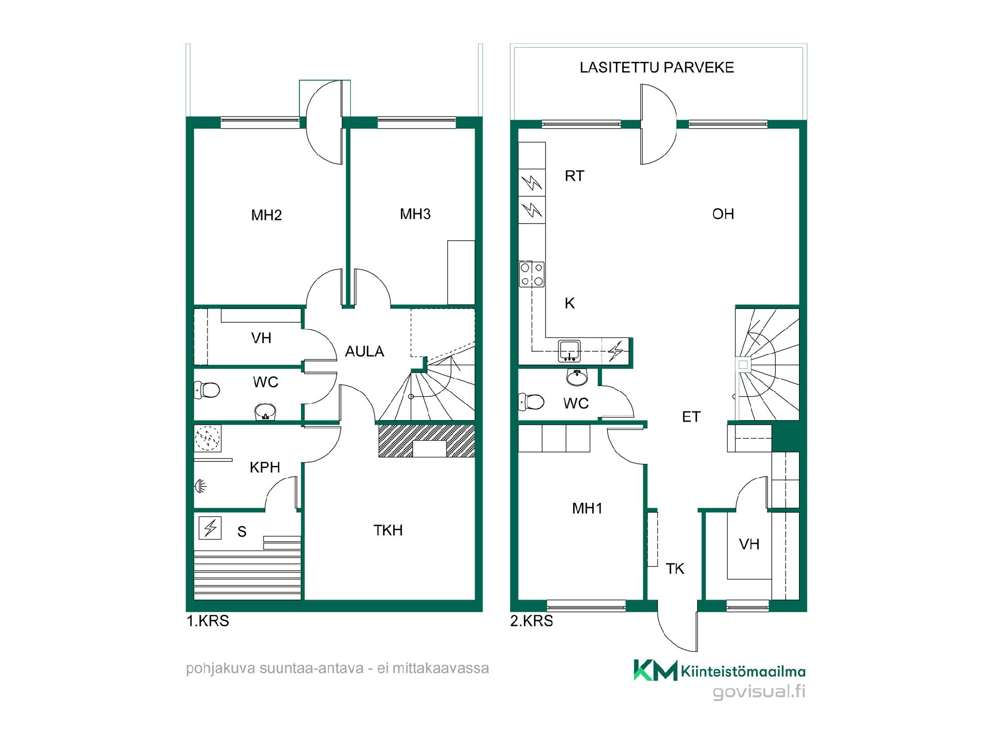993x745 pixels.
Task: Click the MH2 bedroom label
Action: pos(266,215)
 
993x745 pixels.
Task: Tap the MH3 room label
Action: pos(415,214)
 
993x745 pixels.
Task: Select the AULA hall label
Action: pos(365,352)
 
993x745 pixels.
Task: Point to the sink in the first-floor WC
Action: pos(266,412)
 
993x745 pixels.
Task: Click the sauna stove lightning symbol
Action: pos(210,528)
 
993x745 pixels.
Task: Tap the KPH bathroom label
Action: pos(265,468)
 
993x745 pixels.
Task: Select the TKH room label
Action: pos(388,530)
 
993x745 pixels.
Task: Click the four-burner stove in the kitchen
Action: pos(532,274)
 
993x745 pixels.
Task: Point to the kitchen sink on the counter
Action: pos(569,351)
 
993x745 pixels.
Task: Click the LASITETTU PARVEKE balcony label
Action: pos(657,68)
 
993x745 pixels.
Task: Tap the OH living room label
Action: pos(723,214)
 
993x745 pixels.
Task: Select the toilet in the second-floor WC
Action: pos(532,402)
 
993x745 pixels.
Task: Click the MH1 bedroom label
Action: pos(587,509)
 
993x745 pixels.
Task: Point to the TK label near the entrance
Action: pos(675,569)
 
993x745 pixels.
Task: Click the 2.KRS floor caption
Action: pos(531,621)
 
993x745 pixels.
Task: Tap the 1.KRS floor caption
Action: pos(207,621)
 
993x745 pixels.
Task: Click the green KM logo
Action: pos(655,671)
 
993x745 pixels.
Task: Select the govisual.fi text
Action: pos(759,692)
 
